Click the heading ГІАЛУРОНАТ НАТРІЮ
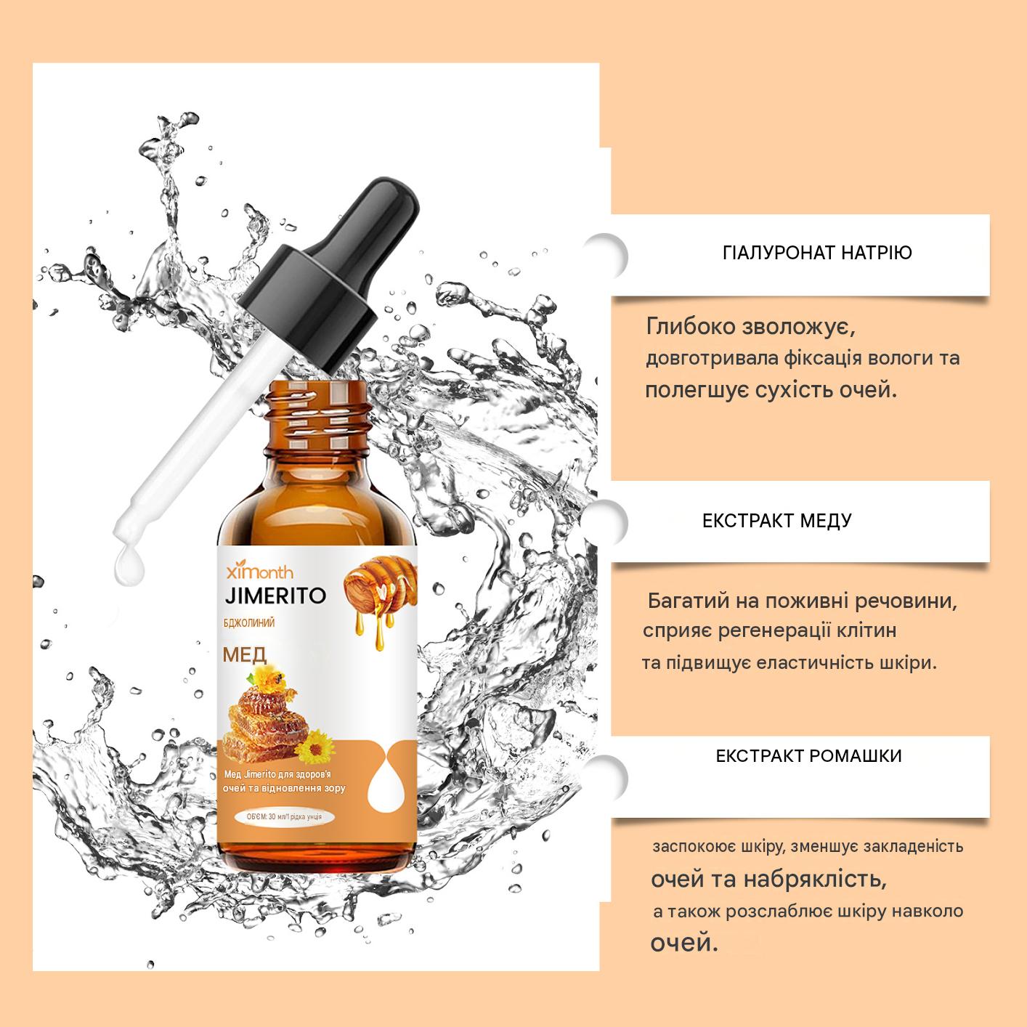coord(817,252)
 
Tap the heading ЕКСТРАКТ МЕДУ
coord(777,521)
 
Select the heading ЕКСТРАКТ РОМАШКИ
coord(808,756)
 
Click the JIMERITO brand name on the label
coord(275,596)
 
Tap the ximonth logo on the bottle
coord(259,572)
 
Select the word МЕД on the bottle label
coord(245,654)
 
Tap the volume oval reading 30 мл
coord(284,816)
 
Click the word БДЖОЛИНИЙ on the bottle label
coord(249,622)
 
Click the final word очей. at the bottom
coord(684,943)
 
